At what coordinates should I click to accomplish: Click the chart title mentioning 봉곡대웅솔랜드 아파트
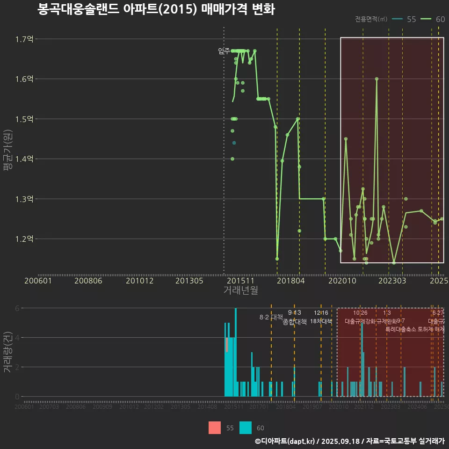156,9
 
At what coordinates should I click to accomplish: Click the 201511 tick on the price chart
240,281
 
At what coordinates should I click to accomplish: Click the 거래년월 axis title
240,290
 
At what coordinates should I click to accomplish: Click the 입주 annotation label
224,51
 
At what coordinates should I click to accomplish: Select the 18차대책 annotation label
321,321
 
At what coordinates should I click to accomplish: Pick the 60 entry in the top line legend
440,19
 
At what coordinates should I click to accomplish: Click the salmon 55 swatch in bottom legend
215,427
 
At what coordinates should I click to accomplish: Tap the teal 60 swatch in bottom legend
246,427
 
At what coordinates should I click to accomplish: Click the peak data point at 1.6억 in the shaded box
377,79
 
